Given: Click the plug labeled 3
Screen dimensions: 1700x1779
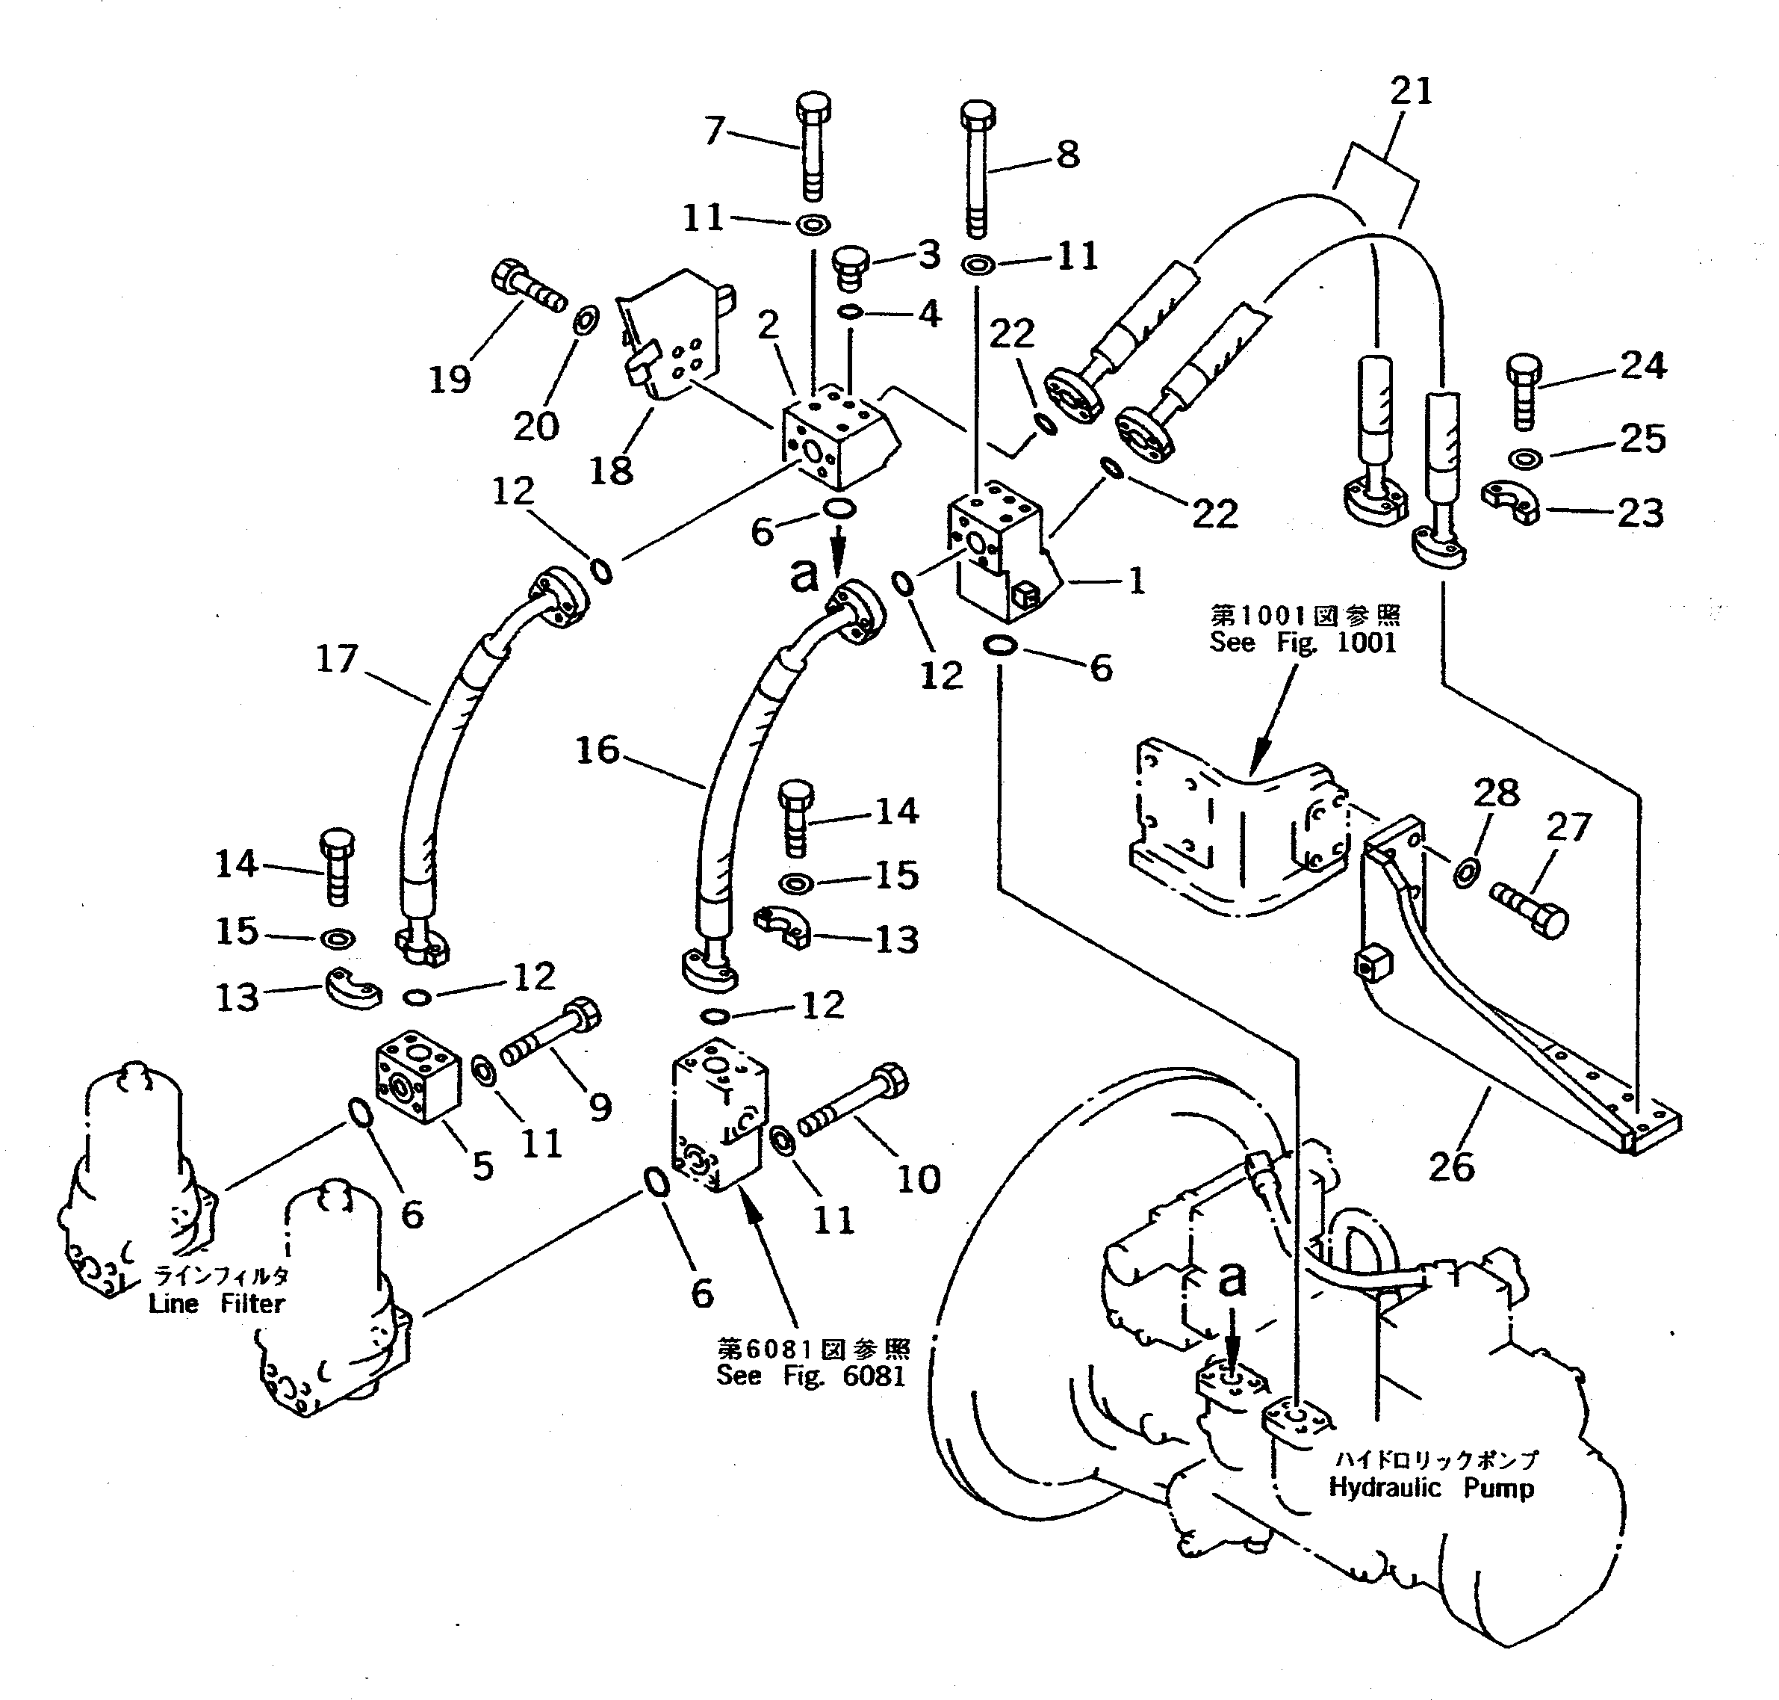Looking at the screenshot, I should (850, 268).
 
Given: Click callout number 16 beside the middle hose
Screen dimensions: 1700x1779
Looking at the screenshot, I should (597, 749).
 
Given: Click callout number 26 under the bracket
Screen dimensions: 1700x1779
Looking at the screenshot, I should (1451, 1166).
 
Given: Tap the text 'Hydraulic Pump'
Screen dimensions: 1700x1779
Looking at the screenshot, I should (1431, 1487).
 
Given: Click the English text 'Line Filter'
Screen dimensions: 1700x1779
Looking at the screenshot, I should (217, 1304).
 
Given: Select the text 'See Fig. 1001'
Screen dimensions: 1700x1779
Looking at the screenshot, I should (1303, 643).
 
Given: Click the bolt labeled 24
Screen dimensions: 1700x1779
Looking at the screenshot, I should (1524, 392).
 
